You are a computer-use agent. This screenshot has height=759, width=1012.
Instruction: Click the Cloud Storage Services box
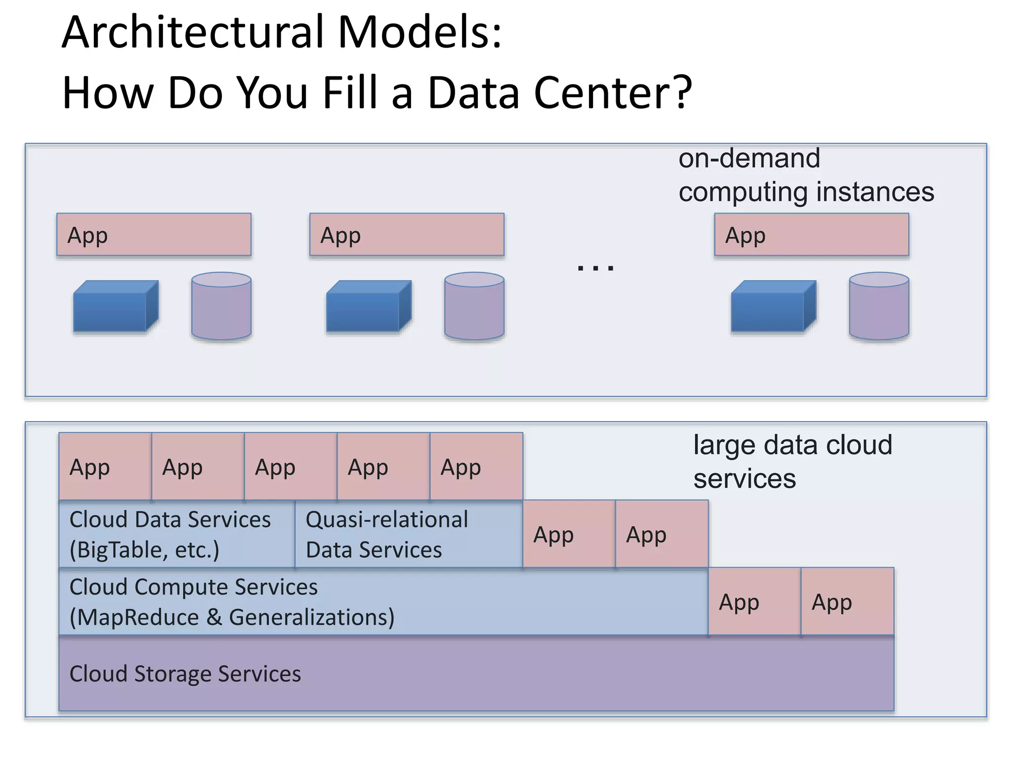pos(476,674)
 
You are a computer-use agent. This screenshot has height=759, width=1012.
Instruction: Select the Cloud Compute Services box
pos(383,602)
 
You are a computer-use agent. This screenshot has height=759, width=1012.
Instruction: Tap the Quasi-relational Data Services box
pos(409,535)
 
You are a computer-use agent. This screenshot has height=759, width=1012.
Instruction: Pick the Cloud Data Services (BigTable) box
pos(176,535)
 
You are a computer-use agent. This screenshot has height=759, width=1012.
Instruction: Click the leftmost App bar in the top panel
pos(154,235)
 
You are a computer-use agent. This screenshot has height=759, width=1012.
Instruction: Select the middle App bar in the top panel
pos(407,235)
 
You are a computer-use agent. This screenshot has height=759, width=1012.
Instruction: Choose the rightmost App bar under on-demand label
pos(811,235)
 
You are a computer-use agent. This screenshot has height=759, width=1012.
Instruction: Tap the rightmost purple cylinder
pos(879,306)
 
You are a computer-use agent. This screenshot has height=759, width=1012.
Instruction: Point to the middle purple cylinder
pos(474,306)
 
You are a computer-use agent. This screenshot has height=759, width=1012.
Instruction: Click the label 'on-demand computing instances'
pos(805,175)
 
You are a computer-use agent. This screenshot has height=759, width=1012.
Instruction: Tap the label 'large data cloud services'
pos(792,462)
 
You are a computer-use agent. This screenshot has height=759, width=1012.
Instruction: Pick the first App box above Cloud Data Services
pos(105,466)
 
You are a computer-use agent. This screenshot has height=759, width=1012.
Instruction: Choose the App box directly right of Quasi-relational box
pos(569,534)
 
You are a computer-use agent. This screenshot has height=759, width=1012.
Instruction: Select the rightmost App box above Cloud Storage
pos(847,601)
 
